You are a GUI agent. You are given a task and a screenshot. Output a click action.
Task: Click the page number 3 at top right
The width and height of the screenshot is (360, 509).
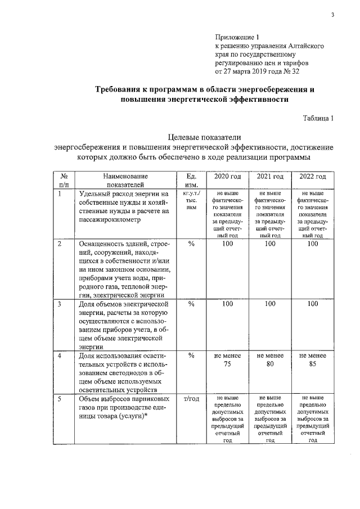coord(332,15)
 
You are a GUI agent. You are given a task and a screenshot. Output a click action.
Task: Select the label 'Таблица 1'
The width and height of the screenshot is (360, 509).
coord(318,118)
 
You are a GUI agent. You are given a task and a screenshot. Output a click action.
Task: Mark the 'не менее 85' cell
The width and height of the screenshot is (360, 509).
coord(312,359)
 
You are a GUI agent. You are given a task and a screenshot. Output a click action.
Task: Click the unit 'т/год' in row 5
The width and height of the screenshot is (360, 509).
coord(191,398)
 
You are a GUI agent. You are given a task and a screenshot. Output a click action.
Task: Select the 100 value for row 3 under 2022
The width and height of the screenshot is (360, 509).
coord(312,304)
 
